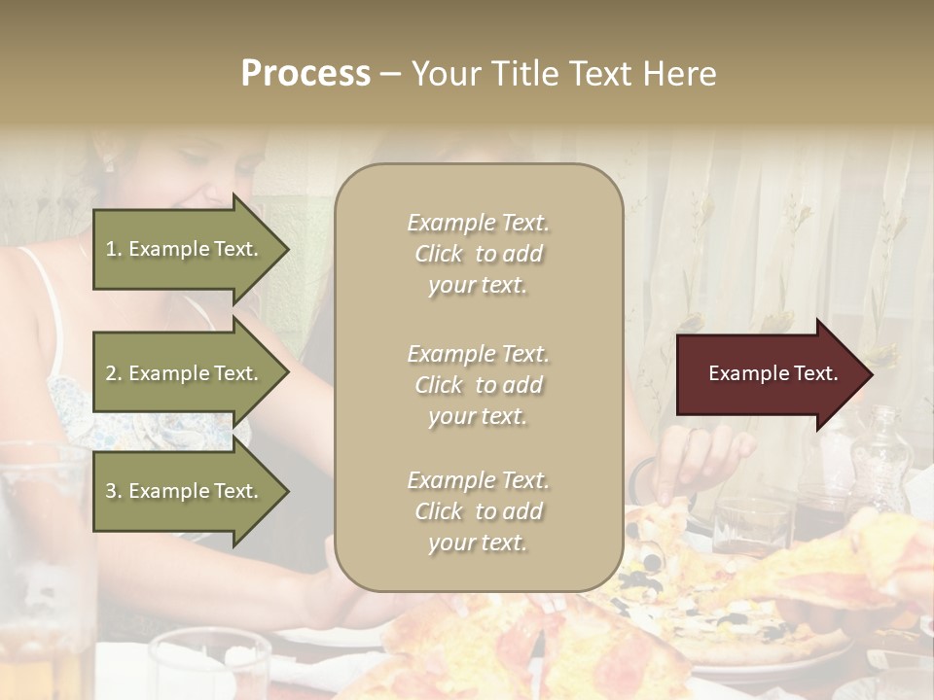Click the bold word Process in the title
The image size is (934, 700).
(305, 74)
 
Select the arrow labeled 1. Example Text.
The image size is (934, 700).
(185, 249)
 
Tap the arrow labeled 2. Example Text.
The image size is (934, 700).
(185, 373)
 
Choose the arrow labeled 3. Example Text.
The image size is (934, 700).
(185, 491)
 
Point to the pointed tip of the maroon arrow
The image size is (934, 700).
(871, 374)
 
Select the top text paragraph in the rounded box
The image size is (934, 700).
(478, 254)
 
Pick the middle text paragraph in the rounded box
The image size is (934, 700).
(478, 385)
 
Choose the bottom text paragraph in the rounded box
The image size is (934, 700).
(478, 511)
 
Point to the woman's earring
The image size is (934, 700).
(108, 164)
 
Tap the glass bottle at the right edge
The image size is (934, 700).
(881, 457)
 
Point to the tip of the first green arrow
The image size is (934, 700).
(287, 249)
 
